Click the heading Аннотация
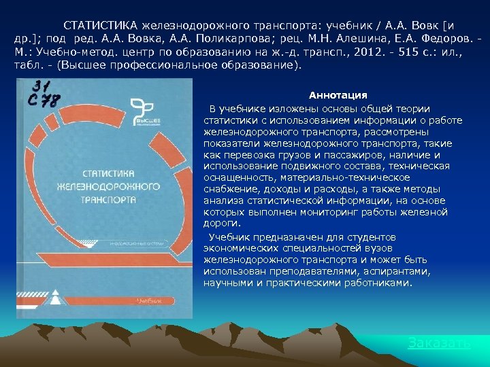coord(338,95)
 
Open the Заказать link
coord(439,343)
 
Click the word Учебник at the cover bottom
coord(150,300)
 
